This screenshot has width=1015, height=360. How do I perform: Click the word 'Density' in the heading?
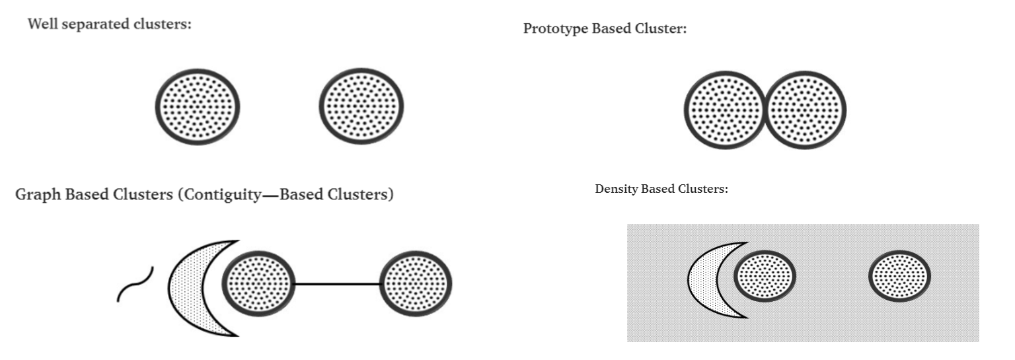click(614, 189)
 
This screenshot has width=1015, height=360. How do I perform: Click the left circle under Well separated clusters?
click(198, 106)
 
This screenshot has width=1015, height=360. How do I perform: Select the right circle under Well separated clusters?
click(361, 106)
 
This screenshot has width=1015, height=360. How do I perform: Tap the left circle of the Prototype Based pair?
click(724, 110)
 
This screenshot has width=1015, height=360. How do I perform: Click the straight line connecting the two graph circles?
click(337, 284)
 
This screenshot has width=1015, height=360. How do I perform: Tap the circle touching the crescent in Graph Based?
click(258, 284)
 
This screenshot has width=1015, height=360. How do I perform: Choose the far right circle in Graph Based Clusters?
click(416, 284)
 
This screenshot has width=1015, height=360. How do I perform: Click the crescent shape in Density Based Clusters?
click(704, 279)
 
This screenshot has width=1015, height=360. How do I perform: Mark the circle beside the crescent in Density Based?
click(765, 276)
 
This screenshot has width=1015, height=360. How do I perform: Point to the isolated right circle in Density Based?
click(899, 276)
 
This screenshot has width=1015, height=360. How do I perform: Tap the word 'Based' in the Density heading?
click(655, 189)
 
